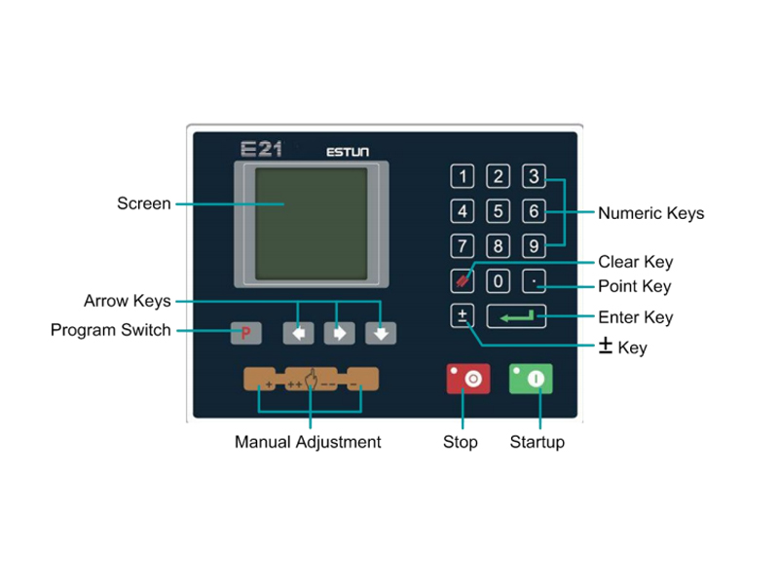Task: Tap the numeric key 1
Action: [463, 176]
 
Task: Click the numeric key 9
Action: [533, 245]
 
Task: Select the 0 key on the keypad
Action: [498, 281]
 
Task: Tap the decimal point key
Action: [533, 281]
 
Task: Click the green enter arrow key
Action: [516, 316]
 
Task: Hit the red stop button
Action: [468, 379]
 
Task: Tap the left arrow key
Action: [299, 333]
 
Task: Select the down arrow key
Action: [381, 333]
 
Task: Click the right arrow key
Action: [340, 333]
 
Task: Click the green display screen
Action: [311, 223]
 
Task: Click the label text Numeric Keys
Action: [650, 213]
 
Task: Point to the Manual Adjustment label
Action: [308, 442]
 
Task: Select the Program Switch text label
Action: [110, 330]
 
